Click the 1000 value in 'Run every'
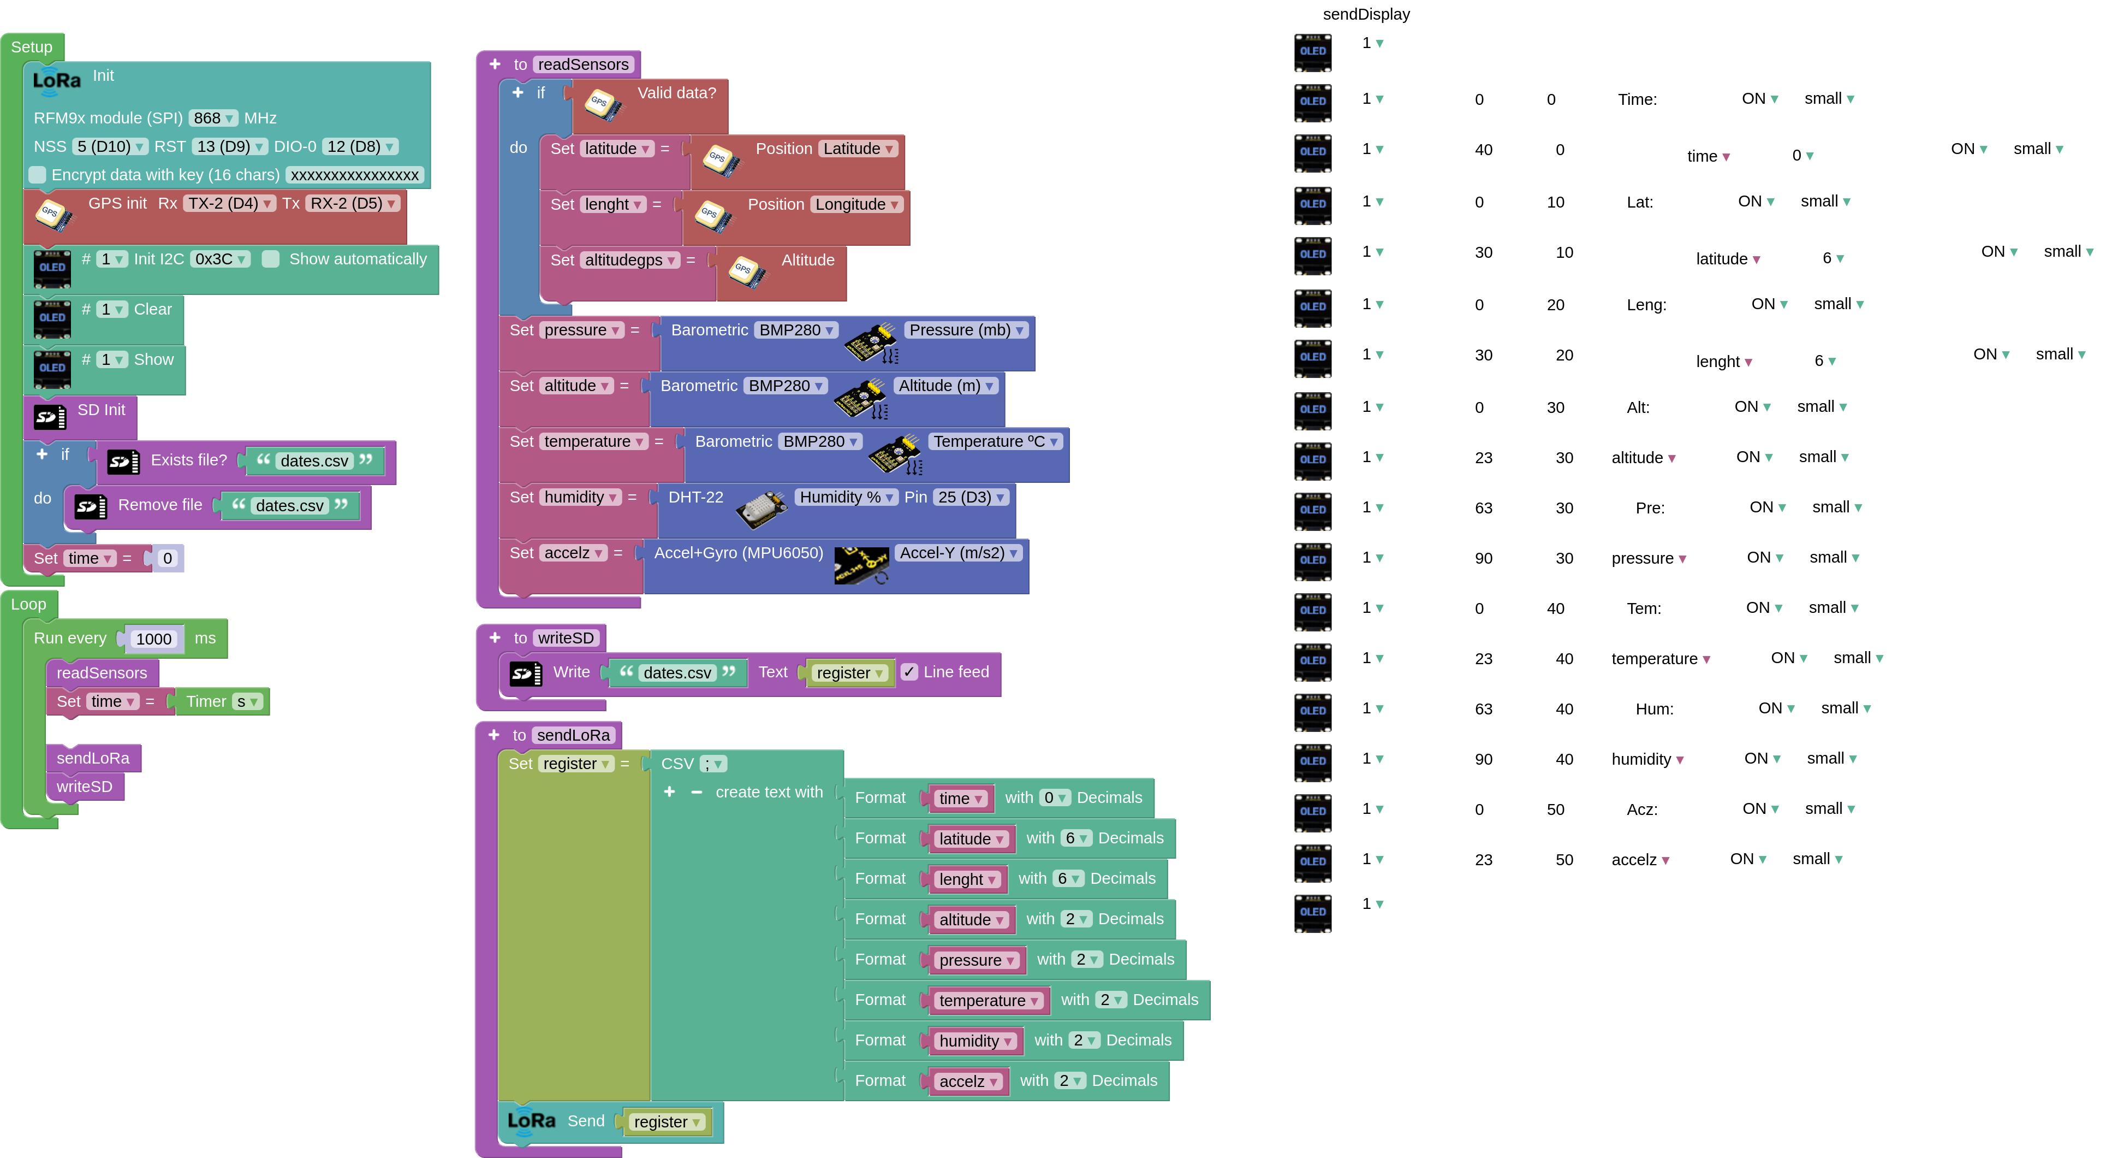click(154, 639)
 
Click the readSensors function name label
click(583, 64)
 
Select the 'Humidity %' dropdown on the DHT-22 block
click(846, 497)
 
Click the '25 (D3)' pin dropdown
click(971, 497)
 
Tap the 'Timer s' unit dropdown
click(247, 702)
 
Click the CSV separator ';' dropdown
click(713, 764)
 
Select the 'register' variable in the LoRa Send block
click(667, 1122)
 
